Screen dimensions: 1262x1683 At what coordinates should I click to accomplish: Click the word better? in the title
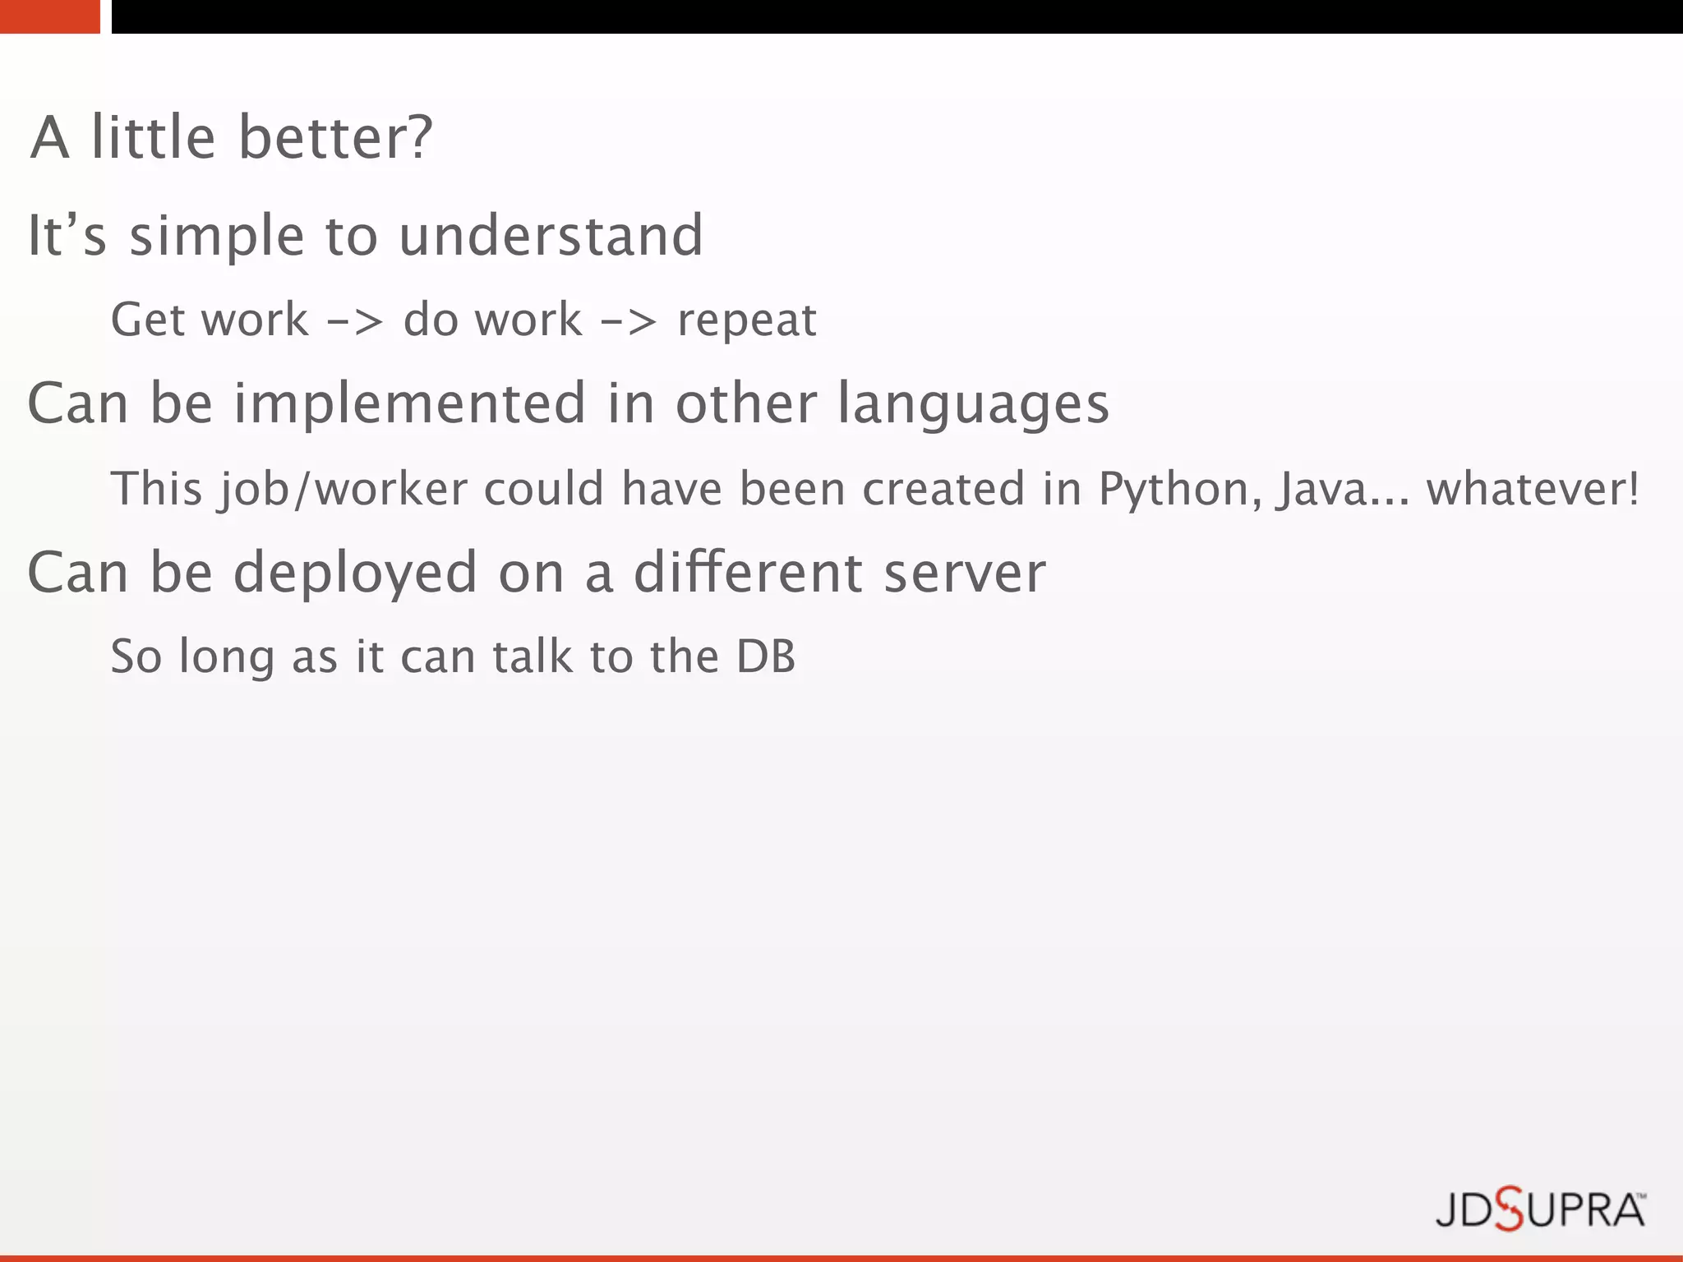tap(335, 137)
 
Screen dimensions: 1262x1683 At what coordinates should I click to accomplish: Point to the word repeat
tap(746, 320)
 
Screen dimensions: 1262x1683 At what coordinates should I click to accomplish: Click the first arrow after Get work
tap(355, 320)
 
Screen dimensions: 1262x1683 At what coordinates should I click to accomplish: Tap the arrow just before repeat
tap(629, 320)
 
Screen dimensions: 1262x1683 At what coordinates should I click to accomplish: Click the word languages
tap(973, 405)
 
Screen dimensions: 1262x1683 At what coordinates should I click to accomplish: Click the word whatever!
tap(1533, 489)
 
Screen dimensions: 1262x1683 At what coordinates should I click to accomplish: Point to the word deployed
tap(355, 573)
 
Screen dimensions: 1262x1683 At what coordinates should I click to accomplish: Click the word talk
tap(532, 656)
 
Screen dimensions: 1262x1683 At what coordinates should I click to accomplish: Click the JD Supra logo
tap(1540, 1209)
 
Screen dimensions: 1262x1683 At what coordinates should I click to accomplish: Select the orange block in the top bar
tap(49, 16)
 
